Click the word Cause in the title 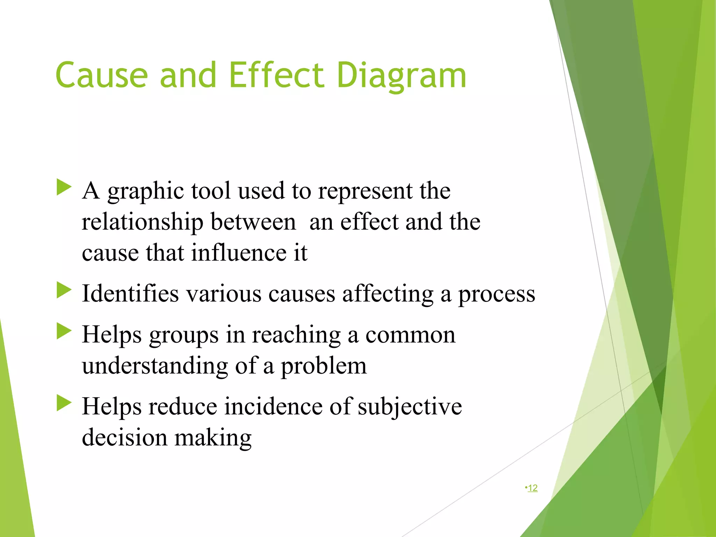[x=101, y=75]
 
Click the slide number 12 [x=532, y=488]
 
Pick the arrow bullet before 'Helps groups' [x=64, y=331]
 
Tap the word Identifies [x=130, y=294]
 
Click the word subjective [x=409, y=407]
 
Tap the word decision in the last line [x=124, y=438]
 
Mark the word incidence [x=273, y=407]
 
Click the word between [x=253, y=223]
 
